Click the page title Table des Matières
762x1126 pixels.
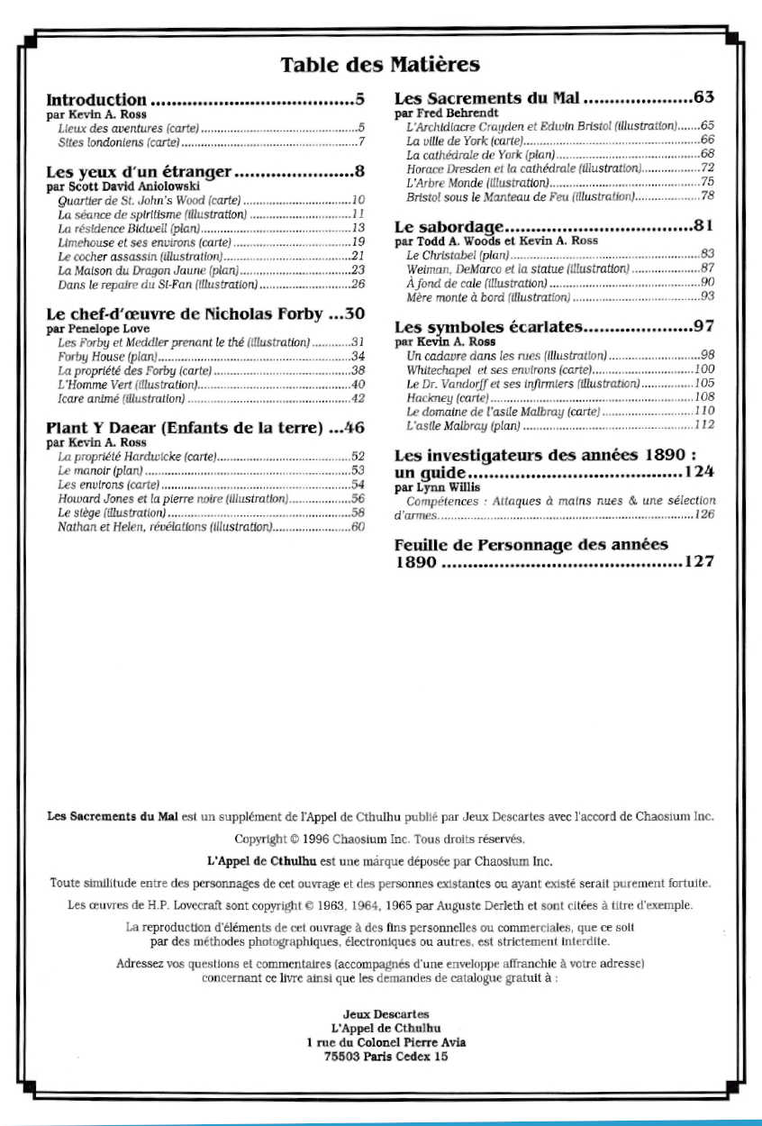380,65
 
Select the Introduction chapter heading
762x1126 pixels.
95,100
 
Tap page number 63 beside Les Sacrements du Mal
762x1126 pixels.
703,97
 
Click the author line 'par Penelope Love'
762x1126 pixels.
98,330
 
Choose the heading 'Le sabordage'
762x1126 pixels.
449,226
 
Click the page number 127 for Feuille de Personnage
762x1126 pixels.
699,562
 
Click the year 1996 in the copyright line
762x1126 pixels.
299,839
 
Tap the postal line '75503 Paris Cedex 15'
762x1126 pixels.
386,1057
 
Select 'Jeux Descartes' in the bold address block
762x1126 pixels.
386,1013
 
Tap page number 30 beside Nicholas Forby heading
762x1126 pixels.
355,314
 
